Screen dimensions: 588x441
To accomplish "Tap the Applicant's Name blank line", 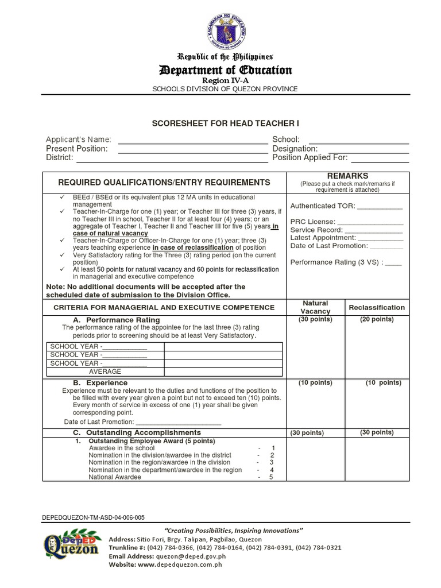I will tap(192, 140).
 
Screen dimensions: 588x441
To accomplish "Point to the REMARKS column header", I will tap(347, 176).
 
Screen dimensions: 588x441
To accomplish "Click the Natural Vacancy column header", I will tap(315, 307).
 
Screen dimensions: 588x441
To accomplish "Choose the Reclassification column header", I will tap(376, 307).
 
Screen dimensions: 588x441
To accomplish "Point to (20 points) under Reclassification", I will tap(376, 320).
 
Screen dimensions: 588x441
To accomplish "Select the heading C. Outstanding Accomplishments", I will tap(136, 432).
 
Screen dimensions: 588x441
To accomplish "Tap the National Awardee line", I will tap(115, 477).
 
